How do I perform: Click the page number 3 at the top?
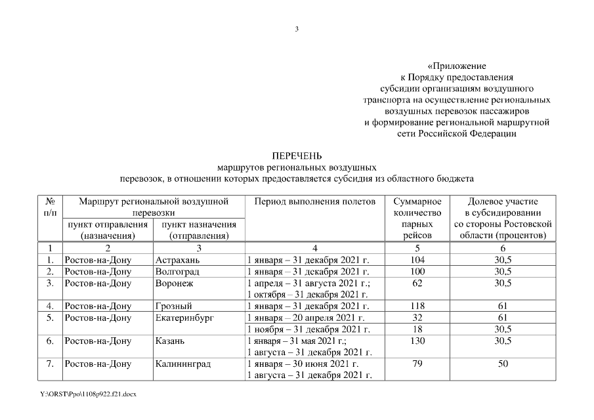pos(297,29)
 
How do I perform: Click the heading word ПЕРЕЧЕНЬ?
pos(296,156)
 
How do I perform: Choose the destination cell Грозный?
pos(173,306)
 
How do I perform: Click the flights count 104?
pos(417,260)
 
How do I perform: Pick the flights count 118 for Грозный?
pos(417,306)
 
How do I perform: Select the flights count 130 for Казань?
pos(417,341)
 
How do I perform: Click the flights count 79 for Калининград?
pos(417,364)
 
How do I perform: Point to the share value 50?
pos(503,364)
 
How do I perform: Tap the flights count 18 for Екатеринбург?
pos(417,329)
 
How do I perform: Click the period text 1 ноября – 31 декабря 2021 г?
pos(308,329)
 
